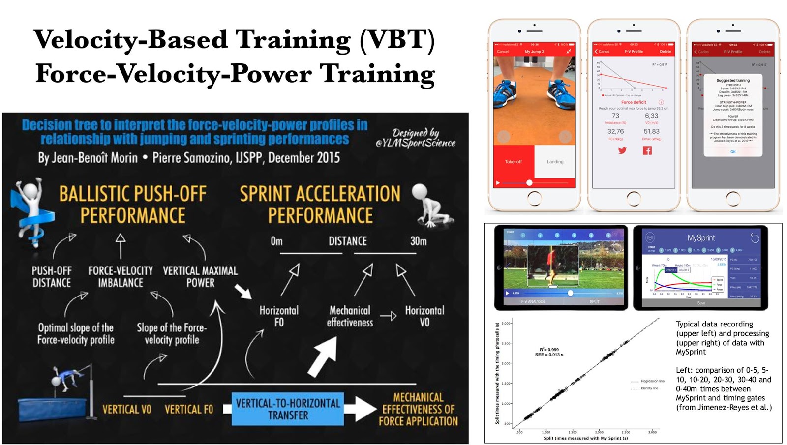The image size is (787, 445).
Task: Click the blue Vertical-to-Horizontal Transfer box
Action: tap(288, 409)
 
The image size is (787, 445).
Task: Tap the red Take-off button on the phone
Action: tap(513, 162)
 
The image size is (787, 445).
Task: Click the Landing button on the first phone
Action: tap(555, 162)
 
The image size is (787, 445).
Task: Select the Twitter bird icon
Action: tap(622, 150)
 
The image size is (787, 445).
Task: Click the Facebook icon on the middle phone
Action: tap(647, 150)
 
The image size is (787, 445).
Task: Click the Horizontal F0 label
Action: tap(279, 316)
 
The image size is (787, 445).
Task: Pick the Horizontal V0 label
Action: tap(424, 316)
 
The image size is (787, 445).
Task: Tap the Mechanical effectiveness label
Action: tap(350, 316)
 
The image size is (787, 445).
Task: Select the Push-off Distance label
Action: tap(52, 277)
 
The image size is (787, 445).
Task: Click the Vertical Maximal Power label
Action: tap(200, 277)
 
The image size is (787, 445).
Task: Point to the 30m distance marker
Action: tap(419, 241)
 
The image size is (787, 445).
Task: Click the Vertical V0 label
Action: tap(126, 410)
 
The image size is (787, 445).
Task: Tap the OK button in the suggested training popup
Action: tap(733, 152)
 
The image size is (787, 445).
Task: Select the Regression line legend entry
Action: tap(652, 381)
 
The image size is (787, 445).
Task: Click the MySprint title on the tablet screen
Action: tap(701, 238)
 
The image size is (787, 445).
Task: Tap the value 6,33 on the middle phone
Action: tap(651, 116)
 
